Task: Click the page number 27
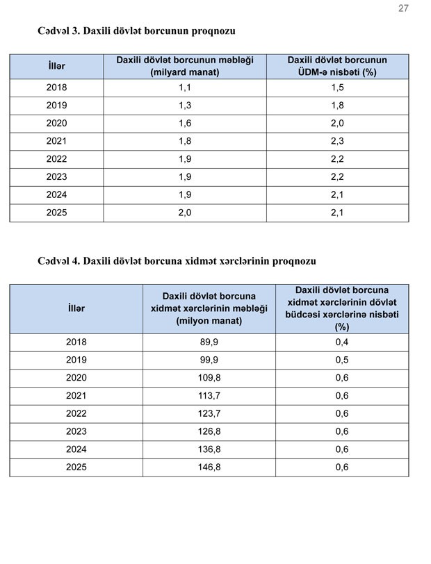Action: (403, 8)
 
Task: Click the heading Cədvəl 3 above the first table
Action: (137, 31)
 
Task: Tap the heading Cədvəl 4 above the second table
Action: (177, 261)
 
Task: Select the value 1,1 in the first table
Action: (185, 88)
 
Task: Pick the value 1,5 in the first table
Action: (337, 88)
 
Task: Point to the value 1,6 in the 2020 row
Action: (185, 124)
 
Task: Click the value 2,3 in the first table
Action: (337, 142)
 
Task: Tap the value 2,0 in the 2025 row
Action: (185, 213)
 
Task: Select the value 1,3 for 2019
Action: (185, 106)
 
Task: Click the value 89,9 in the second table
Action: (209, 342)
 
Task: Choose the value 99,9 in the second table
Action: (209, 360)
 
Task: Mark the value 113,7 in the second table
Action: (209, 396)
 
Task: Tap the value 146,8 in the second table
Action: (209, 467)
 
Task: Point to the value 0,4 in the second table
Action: (342, 342)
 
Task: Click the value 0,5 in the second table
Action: (342, 360)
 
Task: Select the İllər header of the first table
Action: (56, 66)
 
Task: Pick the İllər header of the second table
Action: (76, 308)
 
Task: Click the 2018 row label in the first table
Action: (56, 88)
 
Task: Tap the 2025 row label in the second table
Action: (76, 467)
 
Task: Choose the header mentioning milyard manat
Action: (185, 66)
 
